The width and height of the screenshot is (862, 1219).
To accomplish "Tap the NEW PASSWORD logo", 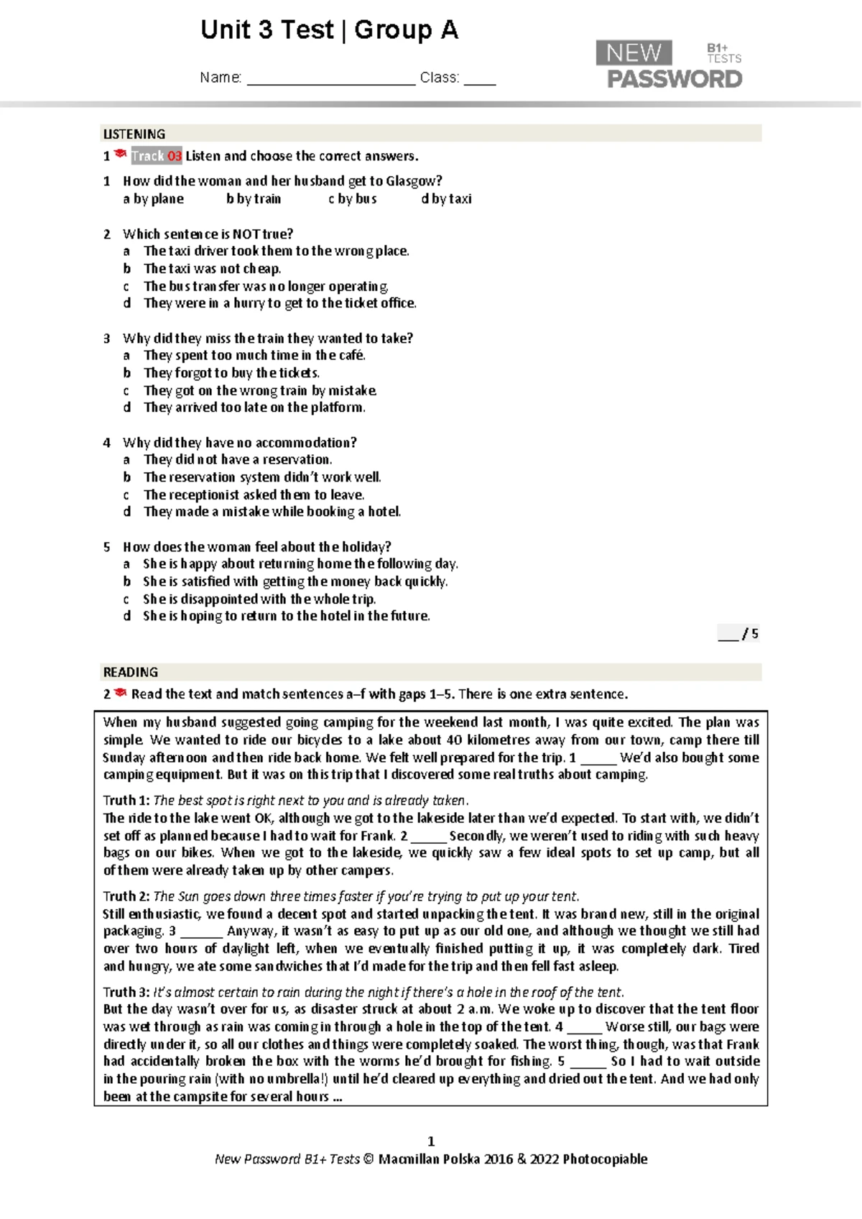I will pyautogui.click(x=669, y=65).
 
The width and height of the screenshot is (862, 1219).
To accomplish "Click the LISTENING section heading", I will pyautogui.click(x=134, y=134).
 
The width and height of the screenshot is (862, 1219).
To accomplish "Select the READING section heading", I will pyautogui.click(x=131, y=672).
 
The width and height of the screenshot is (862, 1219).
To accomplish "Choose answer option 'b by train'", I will pyautogui.click(x=254, y=199).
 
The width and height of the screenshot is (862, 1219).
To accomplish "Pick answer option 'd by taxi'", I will pyautogui.click(x=446, y=199).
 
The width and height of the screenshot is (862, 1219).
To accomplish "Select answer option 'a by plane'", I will pyautogui.click(x=153, y=199).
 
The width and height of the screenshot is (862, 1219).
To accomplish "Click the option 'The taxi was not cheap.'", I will pyautogui.click(x=212, y=269).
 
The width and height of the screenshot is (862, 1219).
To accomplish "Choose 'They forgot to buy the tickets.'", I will pyautogui.click(x=231, y=373).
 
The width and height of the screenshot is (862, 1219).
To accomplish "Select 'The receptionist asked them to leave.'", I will pyautogui.click(x=254, y=494).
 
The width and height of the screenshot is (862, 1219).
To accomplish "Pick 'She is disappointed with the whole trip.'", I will pyautogui.click(x=259, y=599).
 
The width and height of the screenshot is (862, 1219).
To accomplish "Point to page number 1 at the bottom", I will pyautogui.click(x=431, y=1141).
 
